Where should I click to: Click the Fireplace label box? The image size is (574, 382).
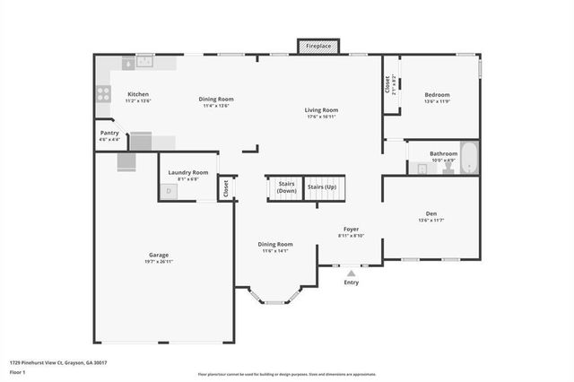(318, 46)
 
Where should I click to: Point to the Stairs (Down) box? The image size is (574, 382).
(286, 187)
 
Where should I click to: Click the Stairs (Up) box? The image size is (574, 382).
(322, 187)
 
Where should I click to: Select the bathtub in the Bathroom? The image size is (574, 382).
(470, 158)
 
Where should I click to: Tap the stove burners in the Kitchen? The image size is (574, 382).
(103, 92)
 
